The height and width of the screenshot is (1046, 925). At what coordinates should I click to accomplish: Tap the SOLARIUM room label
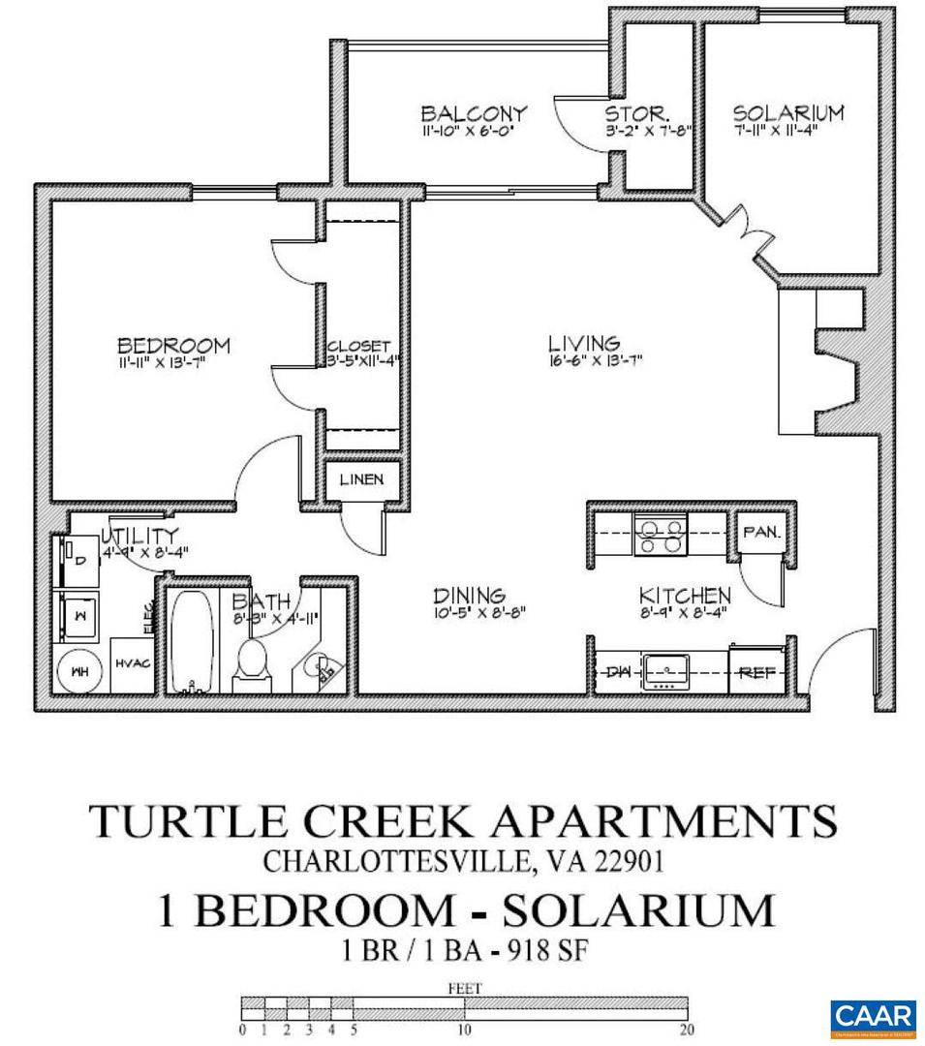pyautogui.click(x=787, y=112)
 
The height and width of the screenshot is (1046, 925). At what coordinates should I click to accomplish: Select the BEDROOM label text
pyautogui.click(x=173, y=345)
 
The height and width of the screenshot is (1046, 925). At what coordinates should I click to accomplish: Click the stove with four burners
pyautogui.click(x=660, y=536)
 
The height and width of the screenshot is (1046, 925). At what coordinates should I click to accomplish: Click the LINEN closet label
pyautogui.click(x=360, y=479)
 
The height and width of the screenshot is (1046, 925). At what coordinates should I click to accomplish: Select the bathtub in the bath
pyautogui.click(x=197, y=642)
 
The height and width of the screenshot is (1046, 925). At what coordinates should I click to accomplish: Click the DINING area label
pyautogui.click(x=469, y=596)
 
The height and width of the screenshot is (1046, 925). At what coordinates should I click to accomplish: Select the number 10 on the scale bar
pyautogui.click(x=464, y=1031)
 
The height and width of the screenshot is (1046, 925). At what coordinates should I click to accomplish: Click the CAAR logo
pyautogui.click(x=873, y=1017)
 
